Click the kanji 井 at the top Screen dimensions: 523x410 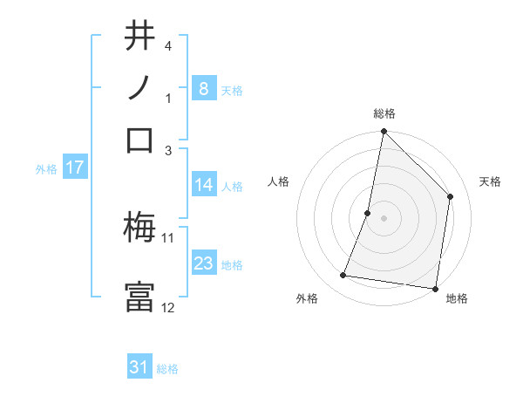click(139, 38)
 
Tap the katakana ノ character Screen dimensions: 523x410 click(139, 88)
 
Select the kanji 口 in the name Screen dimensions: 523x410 click(139, 140)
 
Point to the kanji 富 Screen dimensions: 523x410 click(139, 297)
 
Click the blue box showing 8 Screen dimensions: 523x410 click(203, 88)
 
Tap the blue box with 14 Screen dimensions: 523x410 click(203, 184)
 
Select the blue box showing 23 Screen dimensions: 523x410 click(203, 263)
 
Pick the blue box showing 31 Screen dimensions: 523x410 click(139, 367)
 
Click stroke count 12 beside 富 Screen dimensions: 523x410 click(168, 307)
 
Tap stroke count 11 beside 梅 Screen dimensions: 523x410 click(168, 236)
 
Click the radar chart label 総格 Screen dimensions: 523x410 click(384, 113)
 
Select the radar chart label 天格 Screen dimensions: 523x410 click(490, 181)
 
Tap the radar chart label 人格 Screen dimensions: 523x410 click(279, 181)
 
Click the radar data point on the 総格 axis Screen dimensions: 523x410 click(384, 133)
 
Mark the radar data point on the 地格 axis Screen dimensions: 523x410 click(435, 288)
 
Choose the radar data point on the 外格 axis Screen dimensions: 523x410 click(343, 276)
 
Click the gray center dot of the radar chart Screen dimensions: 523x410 click(384, 218)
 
